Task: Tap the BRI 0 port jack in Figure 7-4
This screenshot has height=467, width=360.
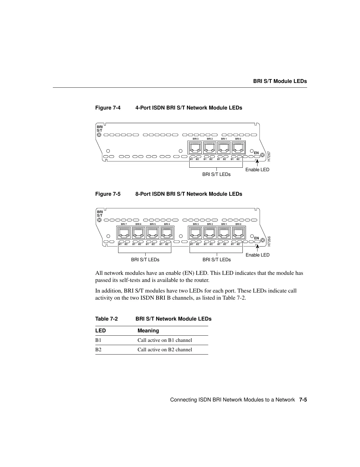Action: click(x=238, y=147)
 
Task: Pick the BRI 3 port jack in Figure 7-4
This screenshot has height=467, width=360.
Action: click(x=195, y=147)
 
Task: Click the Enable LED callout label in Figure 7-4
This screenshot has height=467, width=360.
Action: click(x=257, y=170)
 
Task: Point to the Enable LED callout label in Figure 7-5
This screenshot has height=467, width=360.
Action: click(x=258, y=255)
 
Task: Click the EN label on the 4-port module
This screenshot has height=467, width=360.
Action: click(x=256, y=153)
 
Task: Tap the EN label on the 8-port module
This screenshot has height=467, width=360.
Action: click(x=256, y=238)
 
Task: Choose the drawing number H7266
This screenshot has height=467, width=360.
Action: click(x=269, y=241)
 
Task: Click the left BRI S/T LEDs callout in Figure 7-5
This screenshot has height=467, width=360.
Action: click(x=145, y=260)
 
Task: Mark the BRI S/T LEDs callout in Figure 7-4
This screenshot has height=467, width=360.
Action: click(x=216, y=174)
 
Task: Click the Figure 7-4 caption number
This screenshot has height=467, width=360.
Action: click(x=108, y=108)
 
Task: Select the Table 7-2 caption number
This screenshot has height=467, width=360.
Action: click(x=106, y=319)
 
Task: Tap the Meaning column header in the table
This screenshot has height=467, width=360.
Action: click(x=148, y=331)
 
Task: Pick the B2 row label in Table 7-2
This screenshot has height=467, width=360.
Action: click(x=98, y=350)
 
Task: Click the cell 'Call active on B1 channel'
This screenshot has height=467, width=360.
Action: click(x=165, y=340)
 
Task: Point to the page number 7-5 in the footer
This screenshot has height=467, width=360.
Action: click(x=303, y=400)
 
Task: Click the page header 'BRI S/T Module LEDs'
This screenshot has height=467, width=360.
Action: click(x=280, y=81)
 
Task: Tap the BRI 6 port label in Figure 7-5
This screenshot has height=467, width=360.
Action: click(x=138, y=224)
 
